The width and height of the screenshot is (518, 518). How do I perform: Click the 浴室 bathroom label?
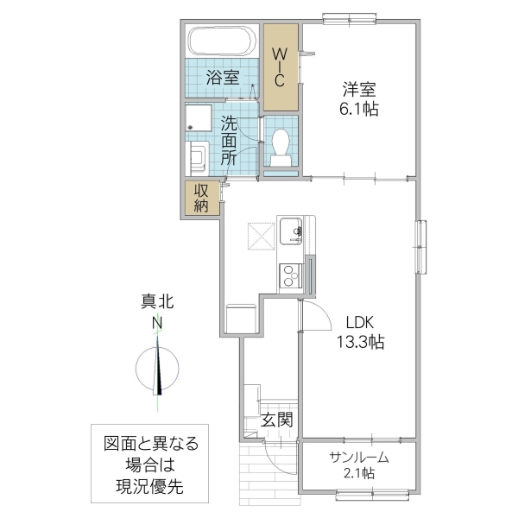tap(223, 78)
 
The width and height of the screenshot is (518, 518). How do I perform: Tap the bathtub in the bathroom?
tap(221, 41)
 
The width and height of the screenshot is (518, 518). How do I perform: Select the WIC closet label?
tap(280, 66)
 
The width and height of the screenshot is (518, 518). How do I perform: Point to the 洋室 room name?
tap(358, 89)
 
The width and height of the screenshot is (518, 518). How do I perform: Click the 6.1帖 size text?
tap(358, 109)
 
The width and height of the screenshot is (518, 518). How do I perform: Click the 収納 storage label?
tap(201, 199)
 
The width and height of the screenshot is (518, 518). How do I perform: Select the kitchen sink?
tap(291, 231)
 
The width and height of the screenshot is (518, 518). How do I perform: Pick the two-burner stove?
tap(289, 276)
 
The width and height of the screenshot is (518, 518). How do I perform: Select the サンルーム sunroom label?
tap(357, 458)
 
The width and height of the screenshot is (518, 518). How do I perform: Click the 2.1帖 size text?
tap(357, 473)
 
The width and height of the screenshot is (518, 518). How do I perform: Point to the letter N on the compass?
tap(158, 324)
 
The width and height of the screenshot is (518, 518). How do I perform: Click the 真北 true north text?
tap(158, 302)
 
